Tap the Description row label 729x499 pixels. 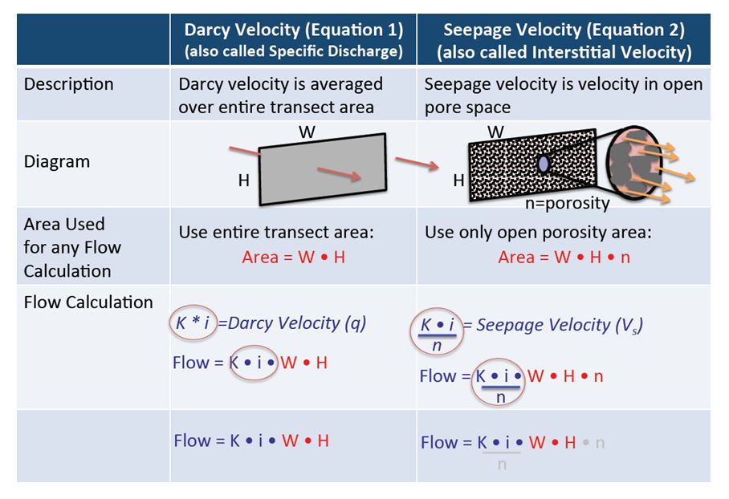pos(69,84)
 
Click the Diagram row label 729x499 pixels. pos(57,161)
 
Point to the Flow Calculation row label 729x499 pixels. pos(88,302)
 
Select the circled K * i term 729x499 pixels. pos(193,323)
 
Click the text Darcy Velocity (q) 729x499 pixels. pos(297,323)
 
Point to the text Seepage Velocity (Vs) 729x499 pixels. pos(560,325)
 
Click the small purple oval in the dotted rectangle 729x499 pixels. pos(543,164)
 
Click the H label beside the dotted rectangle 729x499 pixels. pos(458,181)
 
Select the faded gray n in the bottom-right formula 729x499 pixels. pos(600,442)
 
